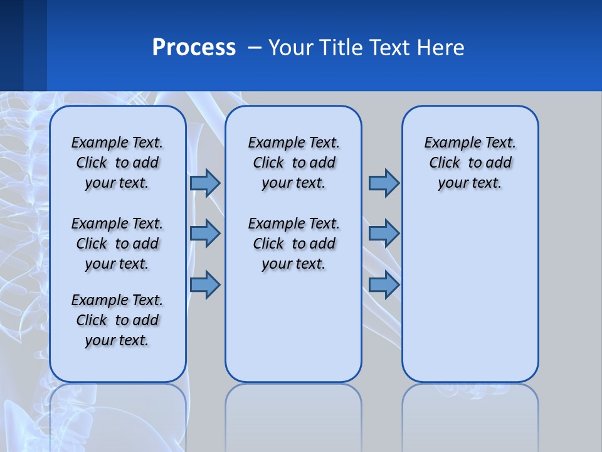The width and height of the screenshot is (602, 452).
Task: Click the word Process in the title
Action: pos(194,48)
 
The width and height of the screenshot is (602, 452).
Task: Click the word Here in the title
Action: pos(441,48)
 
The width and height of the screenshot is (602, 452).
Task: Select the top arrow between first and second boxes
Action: pos(205,183)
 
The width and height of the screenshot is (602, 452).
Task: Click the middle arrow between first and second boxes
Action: pos(205,234)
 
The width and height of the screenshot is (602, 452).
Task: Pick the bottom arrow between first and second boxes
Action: pos(205,285)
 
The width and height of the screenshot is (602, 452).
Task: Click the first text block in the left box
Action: pos(117,163)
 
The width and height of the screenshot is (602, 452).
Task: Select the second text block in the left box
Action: pos(117,244)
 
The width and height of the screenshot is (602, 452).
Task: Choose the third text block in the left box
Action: pos(117,320)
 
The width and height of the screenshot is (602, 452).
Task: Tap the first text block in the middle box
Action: pos(293,163)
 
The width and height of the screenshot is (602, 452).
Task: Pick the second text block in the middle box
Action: pos(293,244)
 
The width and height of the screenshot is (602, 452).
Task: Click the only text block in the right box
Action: pos(470,163)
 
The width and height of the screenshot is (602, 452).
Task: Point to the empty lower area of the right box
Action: pos(470,295)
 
